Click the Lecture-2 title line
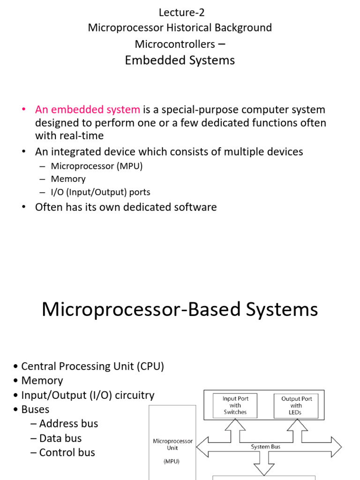tap(182, 13)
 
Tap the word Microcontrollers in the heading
tap(174, 44)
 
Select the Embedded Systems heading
tap(180, 60)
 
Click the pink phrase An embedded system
tap(88, 110)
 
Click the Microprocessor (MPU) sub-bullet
tap(97, 165)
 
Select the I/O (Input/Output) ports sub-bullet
tap(100, 192)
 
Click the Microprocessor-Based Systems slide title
tap(180, 310)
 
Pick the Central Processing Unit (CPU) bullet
tap(93, 367)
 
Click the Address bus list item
tap(68, 424)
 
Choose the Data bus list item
tap(60, 438)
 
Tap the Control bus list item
tap(67, 453)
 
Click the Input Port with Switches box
tap(235, 405)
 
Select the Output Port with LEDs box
tap(296, 405)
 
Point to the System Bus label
tap(265, 447)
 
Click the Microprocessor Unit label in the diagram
tap(172, 444)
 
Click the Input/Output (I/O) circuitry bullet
tap(88, 396)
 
